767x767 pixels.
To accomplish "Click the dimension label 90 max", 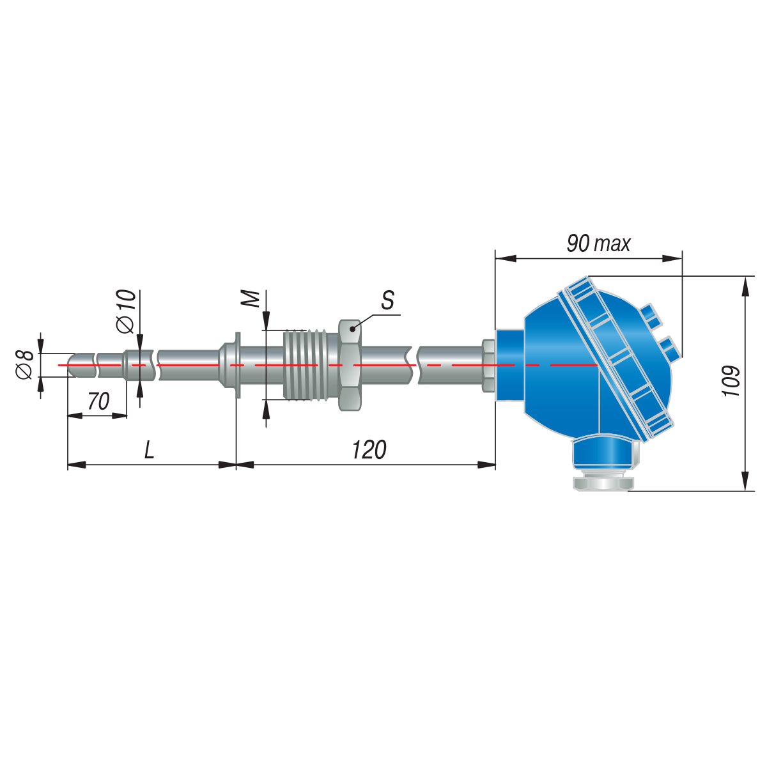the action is (598, 244).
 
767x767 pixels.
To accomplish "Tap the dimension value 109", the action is (732, 381).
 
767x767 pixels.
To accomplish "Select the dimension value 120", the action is (369, 450).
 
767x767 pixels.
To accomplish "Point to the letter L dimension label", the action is (150, 450).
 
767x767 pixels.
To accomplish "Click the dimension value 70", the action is (98, 401).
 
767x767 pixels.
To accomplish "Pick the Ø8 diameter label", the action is (25, 364).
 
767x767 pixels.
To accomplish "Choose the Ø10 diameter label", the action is (127, 311).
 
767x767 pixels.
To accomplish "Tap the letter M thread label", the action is (251, 299).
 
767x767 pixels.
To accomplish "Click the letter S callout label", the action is (388, 300).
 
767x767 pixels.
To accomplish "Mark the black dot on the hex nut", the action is (352, 329).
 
